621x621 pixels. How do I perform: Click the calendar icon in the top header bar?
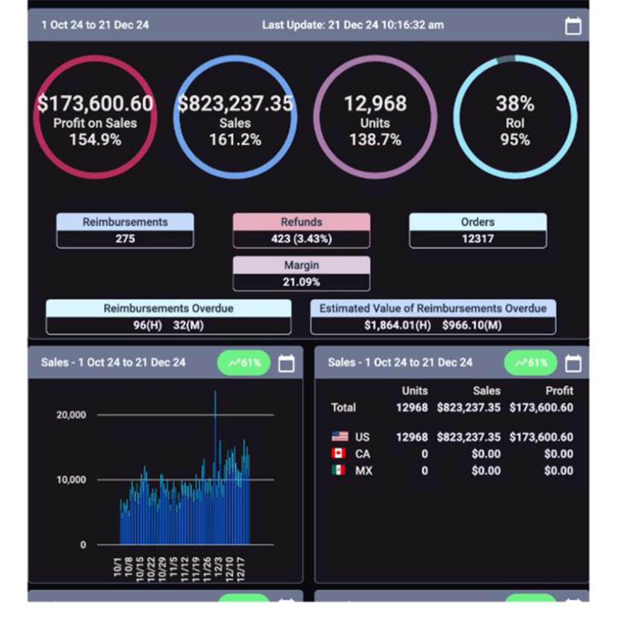click(x=573, y=26)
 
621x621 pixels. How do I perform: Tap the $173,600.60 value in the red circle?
click(x=95, y=103)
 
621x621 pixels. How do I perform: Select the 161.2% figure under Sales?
click(x=235, y=140)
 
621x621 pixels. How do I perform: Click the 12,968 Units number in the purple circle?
click(x=375, y=103)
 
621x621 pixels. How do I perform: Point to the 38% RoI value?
click(x=515, y=103)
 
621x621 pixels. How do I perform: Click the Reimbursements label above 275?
click(x=125, y=222)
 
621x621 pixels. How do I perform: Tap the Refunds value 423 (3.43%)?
click(x=301, y=239)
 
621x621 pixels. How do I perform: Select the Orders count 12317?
click(x=478, y=239)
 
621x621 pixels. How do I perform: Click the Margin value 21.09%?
click(x=301, y=282)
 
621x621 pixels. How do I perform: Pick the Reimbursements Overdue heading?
click(x=168, y=308)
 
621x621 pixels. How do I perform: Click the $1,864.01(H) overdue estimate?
click(x=397, y=325)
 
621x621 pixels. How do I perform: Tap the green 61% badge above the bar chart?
click(x=244, y=363)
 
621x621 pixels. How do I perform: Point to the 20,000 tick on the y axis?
click(x=71, y=415)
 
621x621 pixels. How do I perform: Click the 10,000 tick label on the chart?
click(x=71, y=480)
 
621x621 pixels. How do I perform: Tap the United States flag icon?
click(x=340, y=436)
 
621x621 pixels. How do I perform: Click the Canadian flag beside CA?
click(x=339, y=453)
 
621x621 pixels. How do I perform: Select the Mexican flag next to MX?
click(x=339, y=470)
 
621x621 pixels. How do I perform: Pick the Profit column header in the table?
click(x=559, y=391)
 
